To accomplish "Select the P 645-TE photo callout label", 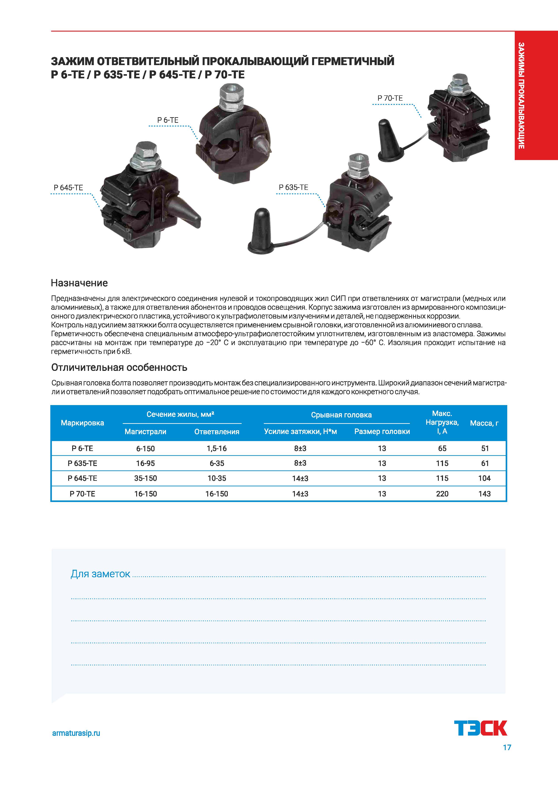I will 68,188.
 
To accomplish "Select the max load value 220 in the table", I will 442,494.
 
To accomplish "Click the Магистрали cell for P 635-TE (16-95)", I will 145,463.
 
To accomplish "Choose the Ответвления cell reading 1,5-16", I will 217,448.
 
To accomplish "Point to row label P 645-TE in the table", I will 83,478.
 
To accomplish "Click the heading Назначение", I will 79,283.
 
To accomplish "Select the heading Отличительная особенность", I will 119,368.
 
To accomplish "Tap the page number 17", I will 507,747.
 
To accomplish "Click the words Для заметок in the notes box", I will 100,574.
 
